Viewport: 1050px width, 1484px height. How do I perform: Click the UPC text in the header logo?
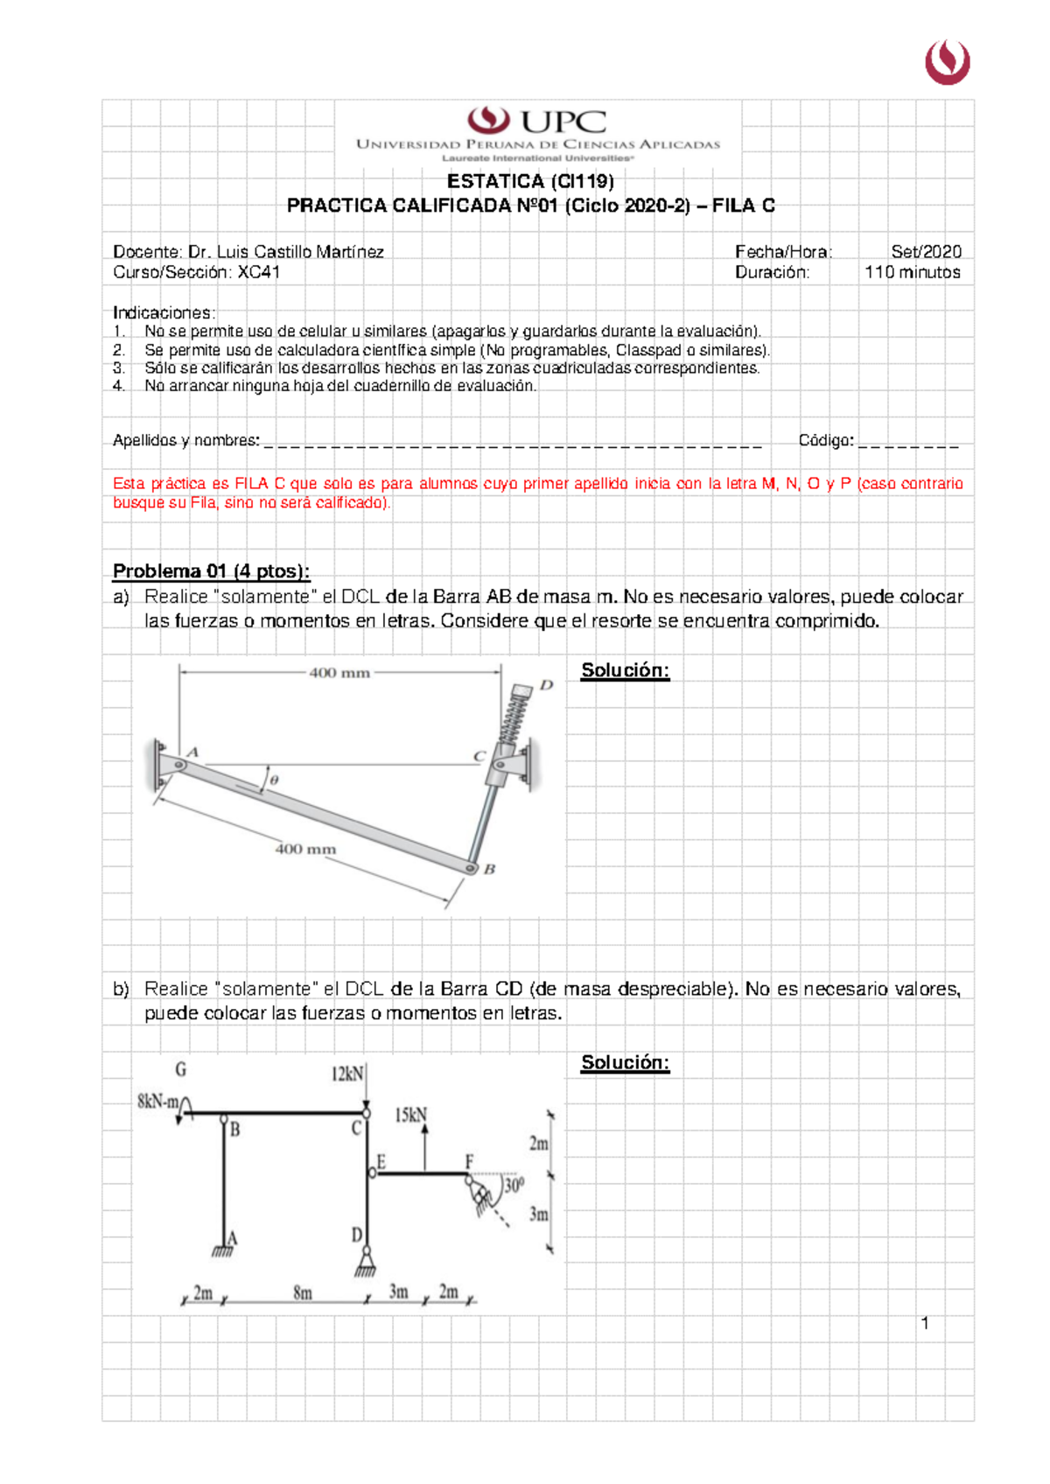[x=563, y=122]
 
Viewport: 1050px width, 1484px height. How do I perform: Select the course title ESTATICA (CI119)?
[x=530, y=181]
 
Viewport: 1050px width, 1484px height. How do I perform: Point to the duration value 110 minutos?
[x=912, y=272]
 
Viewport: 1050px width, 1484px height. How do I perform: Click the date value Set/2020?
[x=926, y=252]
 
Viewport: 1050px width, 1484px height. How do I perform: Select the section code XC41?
[x=259, y=272]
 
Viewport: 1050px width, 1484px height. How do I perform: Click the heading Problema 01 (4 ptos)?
[x=211, y=571]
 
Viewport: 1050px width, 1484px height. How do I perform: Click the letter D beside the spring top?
[x=546, y=685]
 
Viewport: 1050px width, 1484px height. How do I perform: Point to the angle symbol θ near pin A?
[x=274, y=780]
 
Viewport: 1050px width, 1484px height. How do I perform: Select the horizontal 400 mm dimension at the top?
[x=339, y=673]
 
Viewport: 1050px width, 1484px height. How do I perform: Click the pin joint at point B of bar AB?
[x=471, y=868]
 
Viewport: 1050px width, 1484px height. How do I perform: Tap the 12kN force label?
[x=346, y=1074]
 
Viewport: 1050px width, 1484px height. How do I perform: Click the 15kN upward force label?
[x=409, y=1116]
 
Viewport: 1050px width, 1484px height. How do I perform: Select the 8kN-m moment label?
[x=157, y=1102]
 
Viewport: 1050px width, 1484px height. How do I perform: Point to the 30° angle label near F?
[x=514, y=1186]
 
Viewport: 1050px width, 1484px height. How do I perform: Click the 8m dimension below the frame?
[x=302, y=1292]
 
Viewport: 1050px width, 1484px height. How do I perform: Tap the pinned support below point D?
[x=366, y=1263]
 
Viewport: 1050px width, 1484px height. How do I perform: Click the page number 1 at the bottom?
[x=925, y=1323]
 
